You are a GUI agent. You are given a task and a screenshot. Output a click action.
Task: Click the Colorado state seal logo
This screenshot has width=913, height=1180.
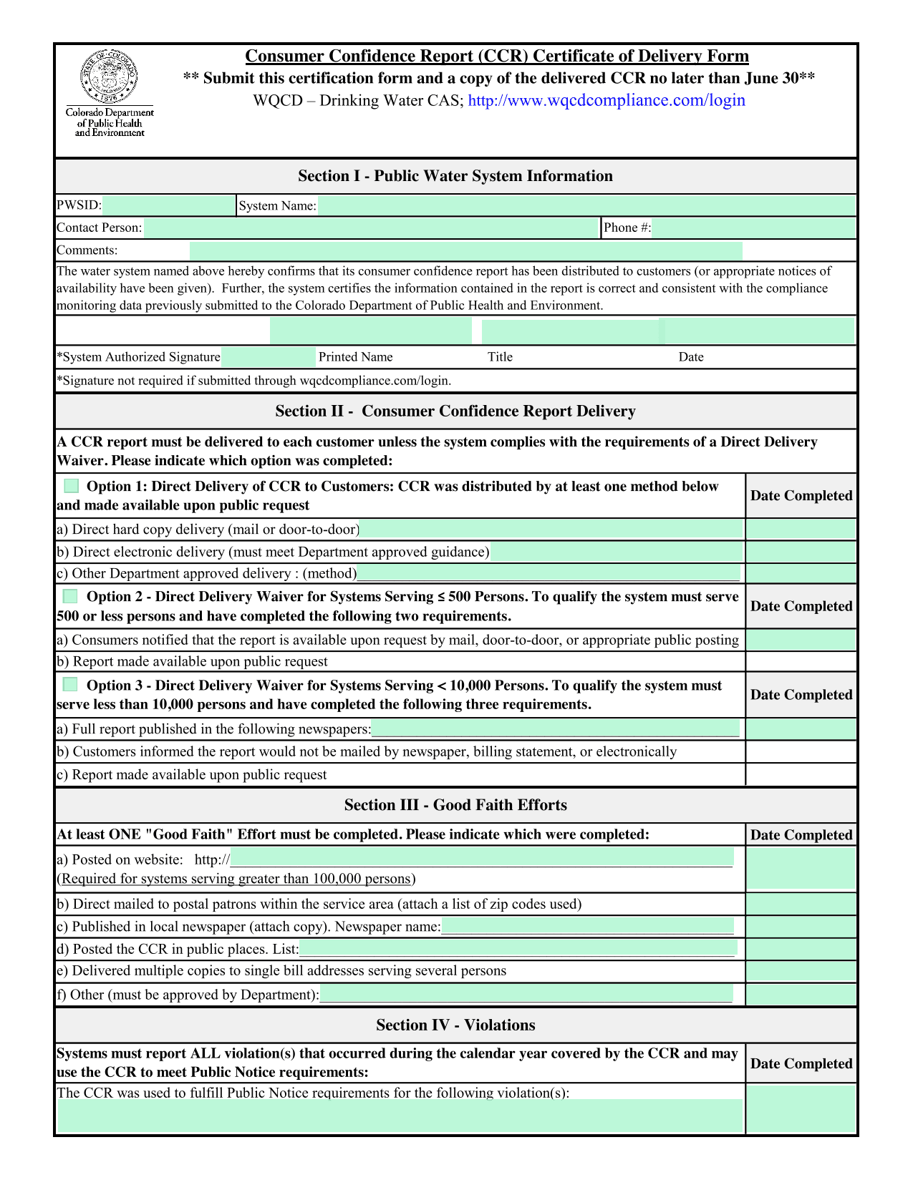[109, 77]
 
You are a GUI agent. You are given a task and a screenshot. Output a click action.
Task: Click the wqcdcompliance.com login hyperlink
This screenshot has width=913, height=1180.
[606, 100]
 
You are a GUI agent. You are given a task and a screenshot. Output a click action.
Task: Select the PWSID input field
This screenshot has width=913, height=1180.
[169, 205]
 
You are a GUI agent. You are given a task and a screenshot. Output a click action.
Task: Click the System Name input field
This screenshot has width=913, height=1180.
[586, 205]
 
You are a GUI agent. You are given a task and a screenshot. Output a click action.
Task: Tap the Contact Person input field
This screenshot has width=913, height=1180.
[372, 228]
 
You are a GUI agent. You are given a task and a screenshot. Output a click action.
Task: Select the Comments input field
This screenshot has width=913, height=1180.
[465, 250]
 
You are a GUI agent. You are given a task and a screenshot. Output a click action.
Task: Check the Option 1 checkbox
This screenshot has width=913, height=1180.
[71, 487]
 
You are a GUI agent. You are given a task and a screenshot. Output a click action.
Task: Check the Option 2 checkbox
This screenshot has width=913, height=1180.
[70, 597]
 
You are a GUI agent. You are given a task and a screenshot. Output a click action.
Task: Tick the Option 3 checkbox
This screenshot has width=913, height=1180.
[70, 685]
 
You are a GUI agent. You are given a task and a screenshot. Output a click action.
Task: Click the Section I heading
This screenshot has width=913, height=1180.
[455, 176]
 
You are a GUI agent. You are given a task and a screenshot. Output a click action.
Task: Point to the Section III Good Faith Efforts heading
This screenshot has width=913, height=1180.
[455, 805]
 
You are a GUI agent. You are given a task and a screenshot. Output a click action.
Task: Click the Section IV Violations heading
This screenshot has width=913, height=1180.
[455, 1025]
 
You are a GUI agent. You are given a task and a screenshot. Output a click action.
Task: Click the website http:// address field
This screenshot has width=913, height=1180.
[481, 859]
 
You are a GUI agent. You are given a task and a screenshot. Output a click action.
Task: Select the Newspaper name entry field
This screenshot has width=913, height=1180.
[587, 927]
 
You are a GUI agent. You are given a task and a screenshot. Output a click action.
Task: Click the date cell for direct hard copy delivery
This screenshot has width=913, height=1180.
[801, 530]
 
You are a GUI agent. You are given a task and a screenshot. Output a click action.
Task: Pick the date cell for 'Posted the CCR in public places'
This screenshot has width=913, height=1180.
[801, 950]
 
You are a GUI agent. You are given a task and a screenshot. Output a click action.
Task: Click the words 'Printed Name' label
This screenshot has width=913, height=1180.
[355, 357]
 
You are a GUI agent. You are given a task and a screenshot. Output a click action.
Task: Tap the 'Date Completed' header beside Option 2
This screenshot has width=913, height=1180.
[801, 606]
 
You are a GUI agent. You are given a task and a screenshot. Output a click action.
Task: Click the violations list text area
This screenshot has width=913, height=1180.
[400, 1116]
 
